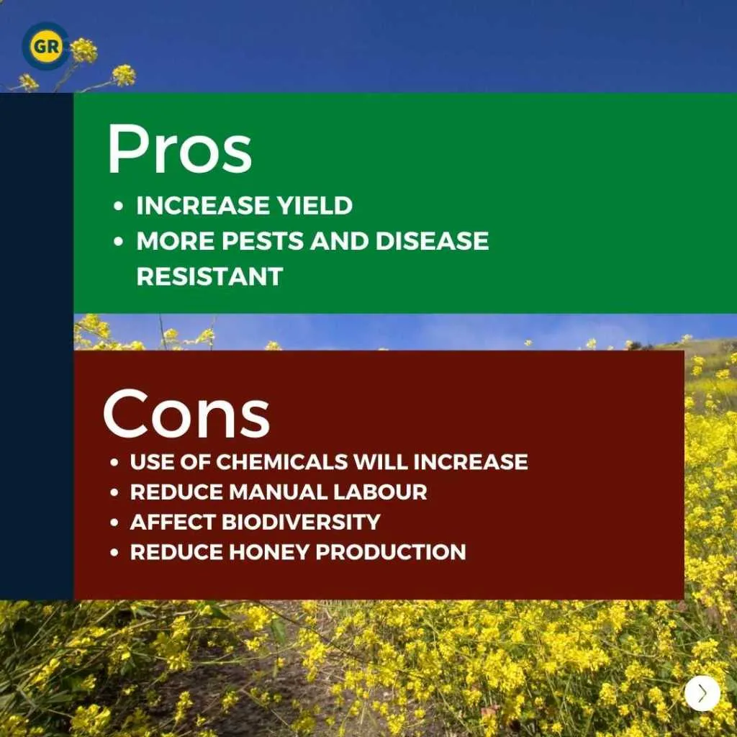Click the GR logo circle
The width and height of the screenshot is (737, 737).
(x=45, y=47)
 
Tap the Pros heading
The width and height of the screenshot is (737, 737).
(x=179, y=150)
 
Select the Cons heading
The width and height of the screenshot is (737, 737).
(x=186, y=414)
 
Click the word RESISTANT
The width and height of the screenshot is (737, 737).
(x=209, y=276)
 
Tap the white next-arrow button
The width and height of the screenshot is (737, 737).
(x=702, y=693)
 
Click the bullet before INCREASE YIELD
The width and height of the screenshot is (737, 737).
(x=118, y=207)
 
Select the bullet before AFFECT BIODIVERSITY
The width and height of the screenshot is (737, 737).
(x=114, y=523)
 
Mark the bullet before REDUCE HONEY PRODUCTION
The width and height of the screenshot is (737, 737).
(x=114, y=553)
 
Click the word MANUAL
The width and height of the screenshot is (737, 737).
(x=277, y=492)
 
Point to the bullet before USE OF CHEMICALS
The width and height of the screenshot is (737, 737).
(x=114, y=462)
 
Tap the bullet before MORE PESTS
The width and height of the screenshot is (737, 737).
(x=118, y=242)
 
